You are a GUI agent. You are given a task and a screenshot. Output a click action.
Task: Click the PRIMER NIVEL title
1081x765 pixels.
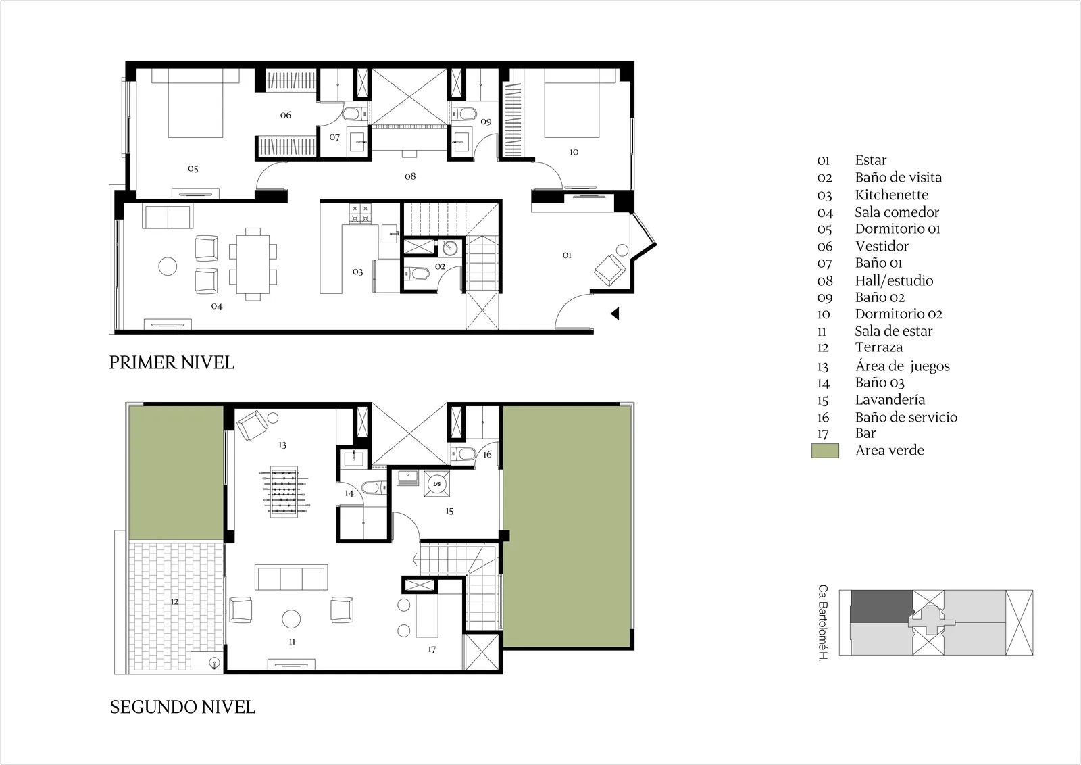172,362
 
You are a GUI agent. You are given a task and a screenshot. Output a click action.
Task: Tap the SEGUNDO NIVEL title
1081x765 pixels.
182,707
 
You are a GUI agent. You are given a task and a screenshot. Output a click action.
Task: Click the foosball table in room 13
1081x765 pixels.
284,492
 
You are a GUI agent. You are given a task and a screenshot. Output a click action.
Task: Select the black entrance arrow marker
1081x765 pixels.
615,314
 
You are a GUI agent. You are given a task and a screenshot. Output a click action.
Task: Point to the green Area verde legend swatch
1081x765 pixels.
825,451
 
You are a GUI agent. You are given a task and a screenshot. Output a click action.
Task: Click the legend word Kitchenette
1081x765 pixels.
891,195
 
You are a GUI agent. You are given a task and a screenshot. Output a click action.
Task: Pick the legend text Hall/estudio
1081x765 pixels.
894,281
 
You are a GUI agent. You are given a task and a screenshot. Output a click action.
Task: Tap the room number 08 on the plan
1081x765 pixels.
410,176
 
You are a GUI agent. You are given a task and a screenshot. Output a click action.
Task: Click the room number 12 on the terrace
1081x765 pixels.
174,602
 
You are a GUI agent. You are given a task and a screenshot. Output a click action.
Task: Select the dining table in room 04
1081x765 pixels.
253,264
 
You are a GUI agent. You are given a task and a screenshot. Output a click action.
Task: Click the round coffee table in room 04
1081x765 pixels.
168,266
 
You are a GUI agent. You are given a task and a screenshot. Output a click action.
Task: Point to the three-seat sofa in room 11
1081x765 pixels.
291,577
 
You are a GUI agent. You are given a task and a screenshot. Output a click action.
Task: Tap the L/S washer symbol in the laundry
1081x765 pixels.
437,484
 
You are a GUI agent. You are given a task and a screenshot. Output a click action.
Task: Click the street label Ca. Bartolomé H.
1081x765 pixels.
823,623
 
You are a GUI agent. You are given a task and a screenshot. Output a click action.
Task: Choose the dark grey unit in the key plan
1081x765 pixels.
881,606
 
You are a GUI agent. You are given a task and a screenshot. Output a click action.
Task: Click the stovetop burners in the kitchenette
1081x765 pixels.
361,214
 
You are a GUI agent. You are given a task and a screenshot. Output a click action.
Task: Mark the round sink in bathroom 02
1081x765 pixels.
450,248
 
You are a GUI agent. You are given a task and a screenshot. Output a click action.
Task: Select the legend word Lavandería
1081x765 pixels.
890,400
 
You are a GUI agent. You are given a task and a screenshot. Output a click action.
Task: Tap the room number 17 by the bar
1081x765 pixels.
432,649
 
